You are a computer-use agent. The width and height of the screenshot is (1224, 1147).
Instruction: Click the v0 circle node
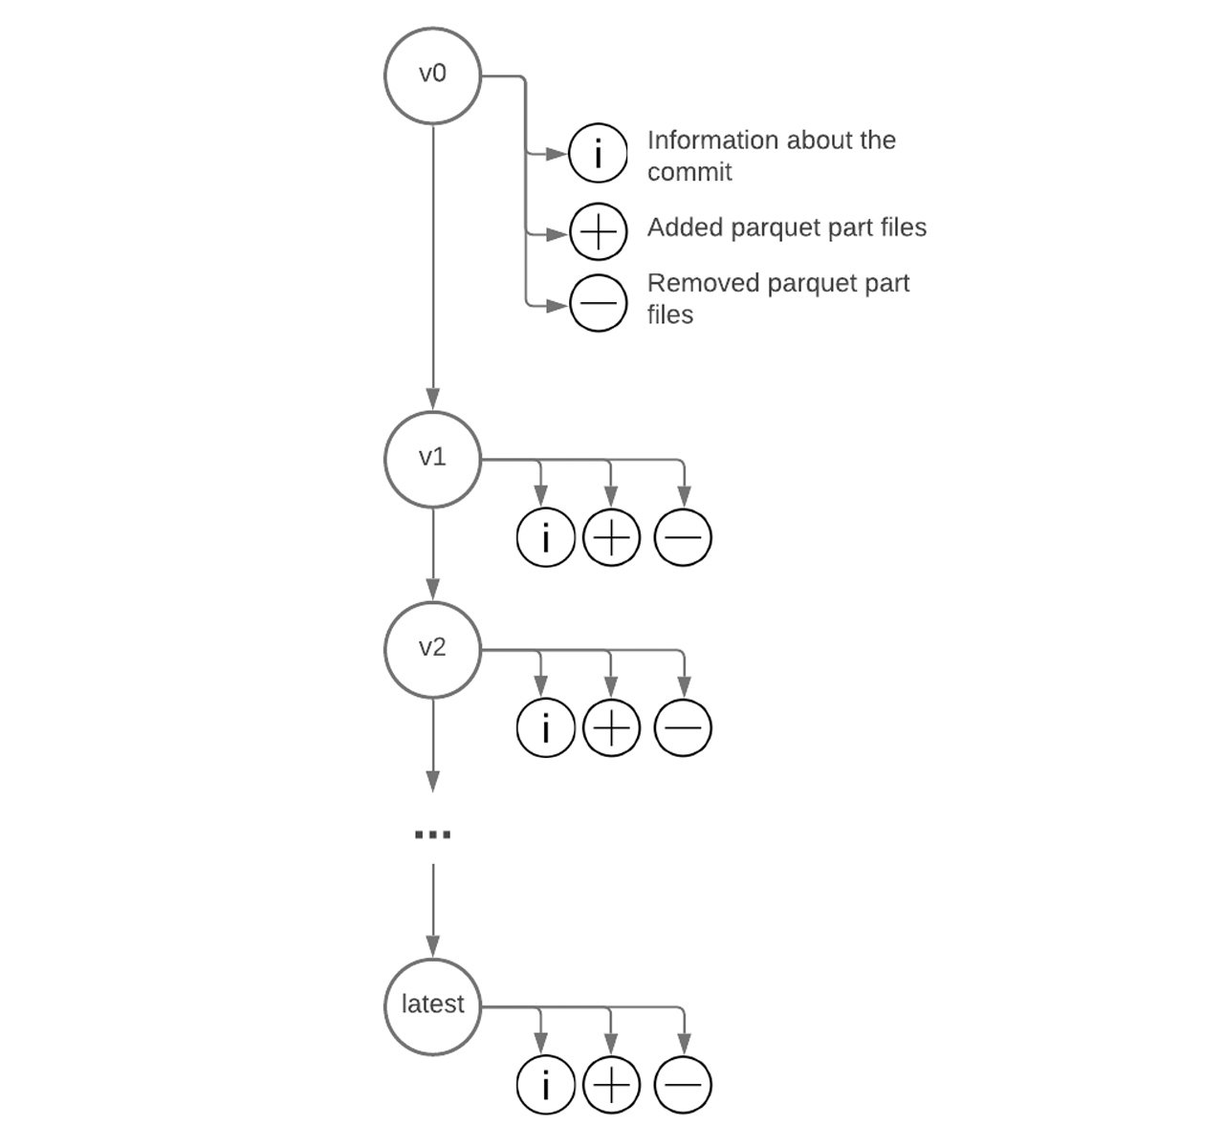(x=432, y=76)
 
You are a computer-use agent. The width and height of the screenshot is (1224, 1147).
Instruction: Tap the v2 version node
(x=432, y=649)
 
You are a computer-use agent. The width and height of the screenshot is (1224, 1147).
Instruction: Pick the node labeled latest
(x=432, y=1006)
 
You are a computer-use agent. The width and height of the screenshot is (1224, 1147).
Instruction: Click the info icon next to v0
(x=599, y=153)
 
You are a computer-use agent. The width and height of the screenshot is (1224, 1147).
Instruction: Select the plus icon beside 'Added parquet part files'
(x=599, y=232)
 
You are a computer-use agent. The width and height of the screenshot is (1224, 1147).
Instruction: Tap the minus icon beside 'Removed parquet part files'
(x=599, y=303)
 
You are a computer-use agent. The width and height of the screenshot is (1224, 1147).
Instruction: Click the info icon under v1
(x=545, y=537)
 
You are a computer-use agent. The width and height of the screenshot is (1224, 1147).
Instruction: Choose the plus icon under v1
(x=611, y=537)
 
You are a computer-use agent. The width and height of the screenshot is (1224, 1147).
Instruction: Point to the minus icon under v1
(x=683, y=537)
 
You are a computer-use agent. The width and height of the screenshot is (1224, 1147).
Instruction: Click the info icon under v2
(x=545, y=728)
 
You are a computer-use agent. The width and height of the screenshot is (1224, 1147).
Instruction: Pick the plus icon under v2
(x=611, y=728)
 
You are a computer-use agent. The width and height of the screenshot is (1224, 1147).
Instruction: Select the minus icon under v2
(x=683, y=728)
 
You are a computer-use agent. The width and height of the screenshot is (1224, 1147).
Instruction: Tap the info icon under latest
(x=545, y=1085)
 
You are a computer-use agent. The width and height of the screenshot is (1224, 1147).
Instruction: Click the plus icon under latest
(x=611, y=1085)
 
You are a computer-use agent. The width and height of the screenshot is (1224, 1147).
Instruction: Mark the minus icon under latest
(x=683, y=1085)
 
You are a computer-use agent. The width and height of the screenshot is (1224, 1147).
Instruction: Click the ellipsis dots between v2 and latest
(x=432, y=834)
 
